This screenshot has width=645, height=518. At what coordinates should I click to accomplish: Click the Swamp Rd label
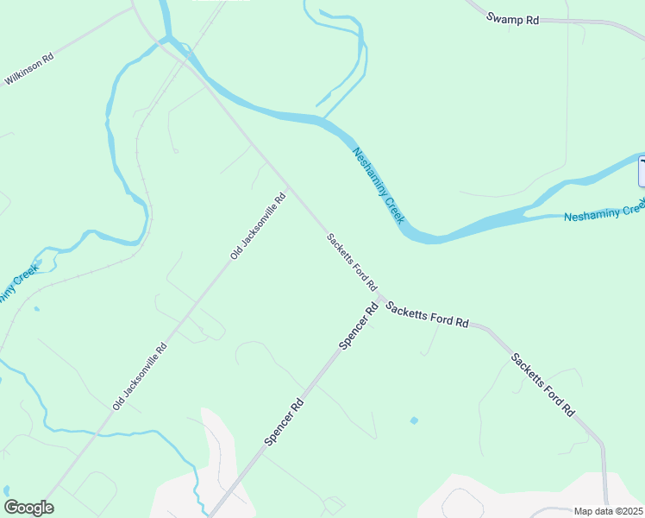512,18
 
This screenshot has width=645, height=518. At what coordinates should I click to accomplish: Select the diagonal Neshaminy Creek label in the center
379,186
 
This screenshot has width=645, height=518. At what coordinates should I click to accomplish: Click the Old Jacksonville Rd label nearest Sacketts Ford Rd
258,225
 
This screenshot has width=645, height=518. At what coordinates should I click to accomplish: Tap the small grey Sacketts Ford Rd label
352,262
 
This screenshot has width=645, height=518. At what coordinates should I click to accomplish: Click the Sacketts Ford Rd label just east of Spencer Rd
427,314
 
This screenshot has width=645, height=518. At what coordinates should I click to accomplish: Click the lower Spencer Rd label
284,421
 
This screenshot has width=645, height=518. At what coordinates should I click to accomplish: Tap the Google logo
28,508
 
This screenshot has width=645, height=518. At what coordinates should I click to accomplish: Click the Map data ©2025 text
608,511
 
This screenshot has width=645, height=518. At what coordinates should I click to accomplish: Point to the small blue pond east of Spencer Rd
414,420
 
